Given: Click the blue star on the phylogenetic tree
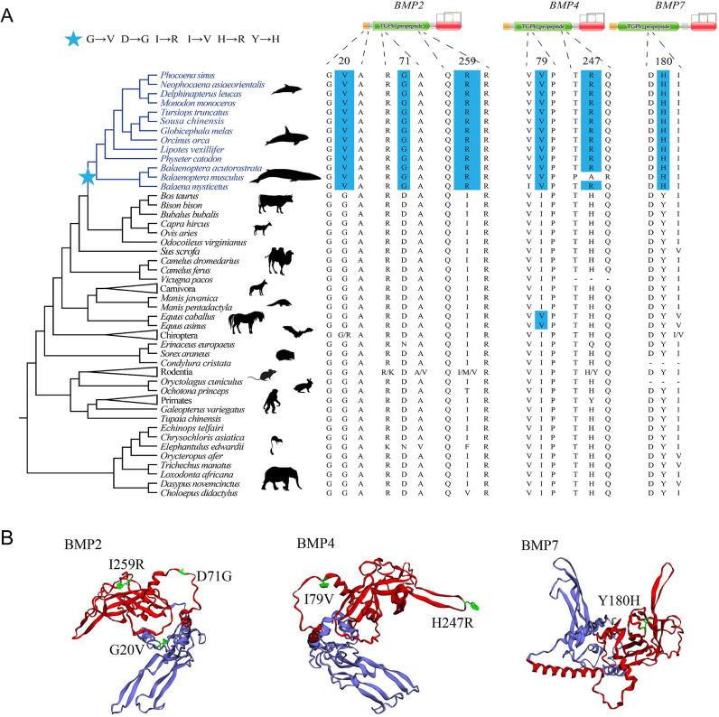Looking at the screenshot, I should (x=88, y=177).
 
